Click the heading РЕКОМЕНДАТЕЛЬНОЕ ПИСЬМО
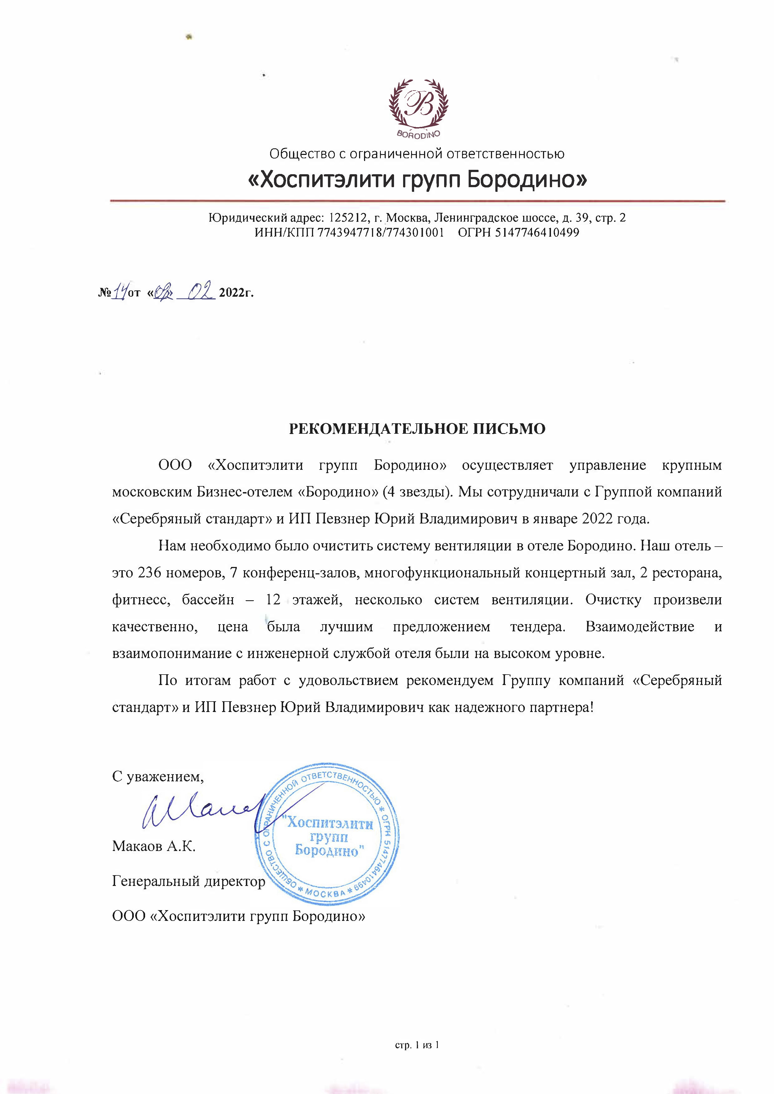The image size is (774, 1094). (x=417, y=429)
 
